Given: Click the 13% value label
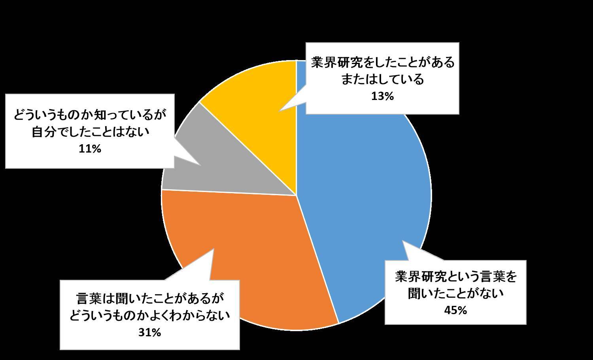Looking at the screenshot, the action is point(382,96).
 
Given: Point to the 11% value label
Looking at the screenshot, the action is point(90,149).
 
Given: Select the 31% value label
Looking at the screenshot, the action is point(149,333).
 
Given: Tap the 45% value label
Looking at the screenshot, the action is point(455,310).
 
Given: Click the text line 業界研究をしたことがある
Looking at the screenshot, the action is point(383,62).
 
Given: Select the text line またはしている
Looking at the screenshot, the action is point(383,79).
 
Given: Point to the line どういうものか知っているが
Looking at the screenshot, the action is point(90,115).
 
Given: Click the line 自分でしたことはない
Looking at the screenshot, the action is point(90,132).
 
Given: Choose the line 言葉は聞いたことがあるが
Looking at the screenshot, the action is point(149,299).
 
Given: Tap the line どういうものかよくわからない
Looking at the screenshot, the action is point(149,316).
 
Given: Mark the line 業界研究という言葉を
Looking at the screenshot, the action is point(455,277).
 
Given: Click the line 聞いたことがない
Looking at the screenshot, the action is point(455,294).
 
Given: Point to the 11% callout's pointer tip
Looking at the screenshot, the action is point(200,166).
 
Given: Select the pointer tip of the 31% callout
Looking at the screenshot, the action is point(213,249).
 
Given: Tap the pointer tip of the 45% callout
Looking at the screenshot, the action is point(403,241).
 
